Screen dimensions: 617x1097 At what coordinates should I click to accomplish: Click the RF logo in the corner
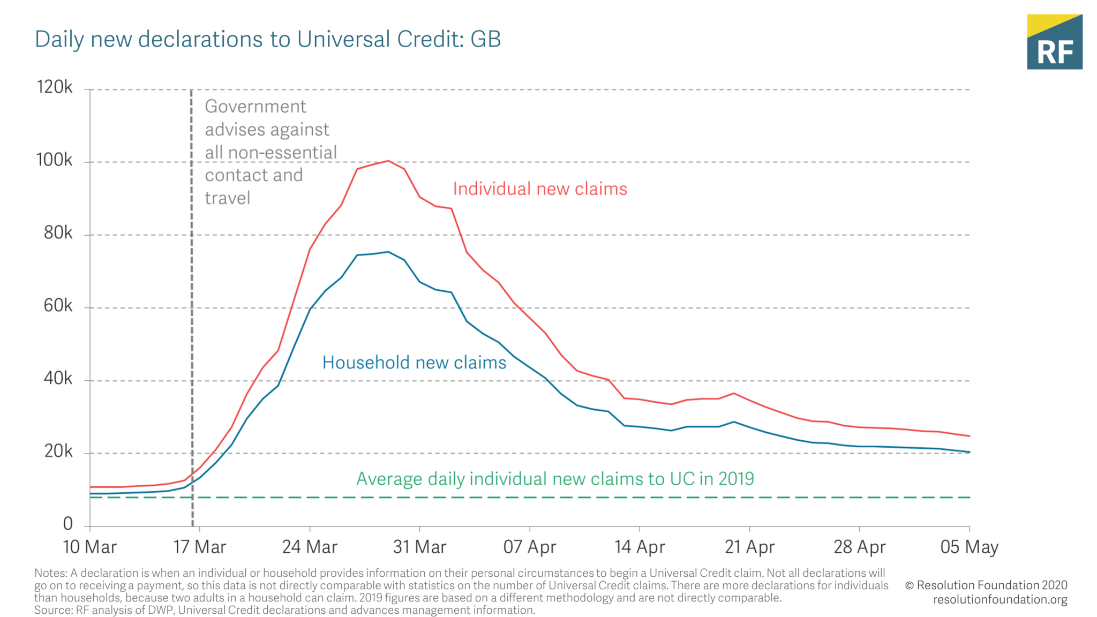1054,42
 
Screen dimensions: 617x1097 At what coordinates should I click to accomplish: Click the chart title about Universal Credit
268,40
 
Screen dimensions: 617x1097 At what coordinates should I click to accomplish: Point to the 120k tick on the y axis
54,87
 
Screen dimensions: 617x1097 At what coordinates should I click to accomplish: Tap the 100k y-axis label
54,160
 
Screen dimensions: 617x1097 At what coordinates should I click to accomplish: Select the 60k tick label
58,306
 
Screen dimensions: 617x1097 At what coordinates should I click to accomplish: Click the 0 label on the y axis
67,524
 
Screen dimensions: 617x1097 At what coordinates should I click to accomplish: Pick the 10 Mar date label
89,547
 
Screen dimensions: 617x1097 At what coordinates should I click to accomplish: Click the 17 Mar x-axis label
200,547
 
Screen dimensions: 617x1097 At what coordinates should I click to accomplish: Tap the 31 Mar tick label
419,547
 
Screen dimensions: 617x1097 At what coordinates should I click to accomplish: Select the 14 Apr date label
640,547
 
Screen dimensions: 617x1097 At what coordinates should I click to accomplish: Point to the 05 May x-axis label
970,547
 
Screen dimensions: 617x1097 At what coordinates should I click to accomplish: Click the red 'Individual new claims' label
540,189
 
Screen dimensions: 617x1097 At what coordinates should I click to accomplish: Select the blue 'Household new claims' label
414,363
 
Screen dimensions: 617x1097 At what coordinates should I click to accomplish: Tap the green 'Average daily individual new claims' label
555,479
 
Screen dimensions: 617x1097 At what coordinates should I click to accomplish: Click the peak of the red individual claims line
388,161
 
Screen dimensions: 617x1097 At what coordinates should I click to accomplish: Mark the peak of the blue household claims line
388,252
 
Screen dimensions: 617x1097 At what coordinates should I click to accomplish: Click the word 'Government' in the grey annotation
256,107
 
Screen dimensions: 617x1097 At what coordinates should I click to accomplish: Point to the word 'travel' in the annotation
228,198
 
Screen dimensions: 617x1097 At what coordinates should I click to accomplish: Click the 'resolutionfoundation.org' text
1000,599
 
